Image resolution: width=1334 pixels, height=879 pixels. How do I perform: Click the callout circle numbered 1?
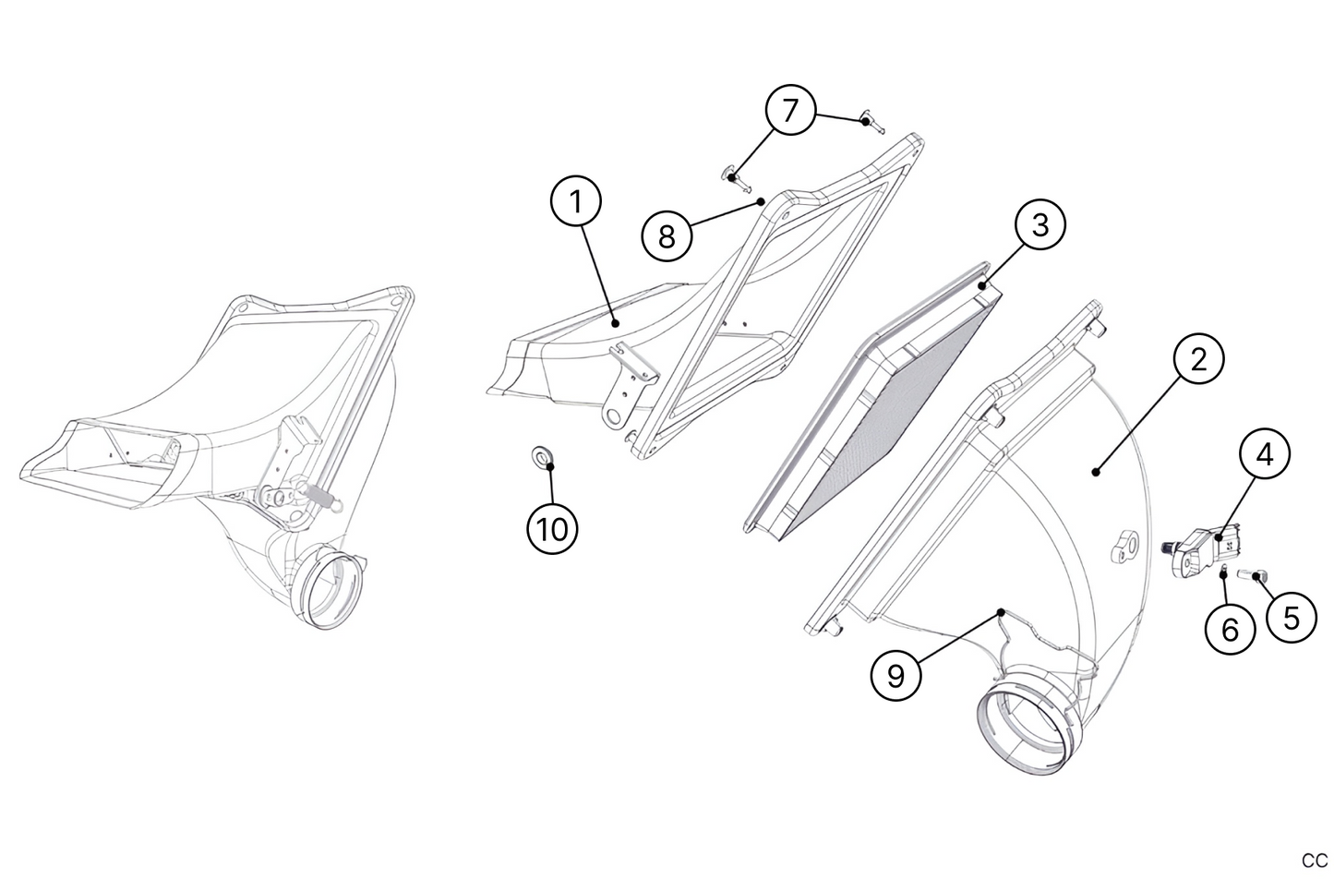576,202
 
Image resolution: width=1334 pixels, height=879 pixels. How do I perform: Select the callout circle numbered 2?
1198,359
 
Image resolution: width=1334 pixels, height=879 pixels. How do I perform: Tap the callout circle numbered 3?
1040,225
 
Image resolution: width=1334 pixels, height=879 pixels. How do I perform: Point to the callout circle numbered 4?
1265,454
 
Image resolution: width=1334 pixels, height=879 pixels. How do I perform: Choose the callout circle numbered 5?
1292,618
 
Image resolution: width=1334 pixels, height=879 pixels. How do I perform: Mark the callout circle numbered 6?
1231,630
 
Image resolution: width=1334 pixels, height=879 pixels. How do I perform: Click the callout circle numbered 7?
790,110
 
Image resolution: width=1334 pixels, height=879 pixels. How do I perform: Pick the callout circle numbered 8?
667,236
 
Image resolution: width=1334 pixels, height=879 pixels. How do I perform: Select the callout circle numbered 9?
895,675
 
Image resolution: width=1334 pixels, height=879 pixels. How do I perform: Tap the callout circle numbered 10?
552,528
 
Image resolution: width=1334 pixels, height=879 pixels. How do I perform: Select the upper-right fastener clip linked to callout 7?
872,122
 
